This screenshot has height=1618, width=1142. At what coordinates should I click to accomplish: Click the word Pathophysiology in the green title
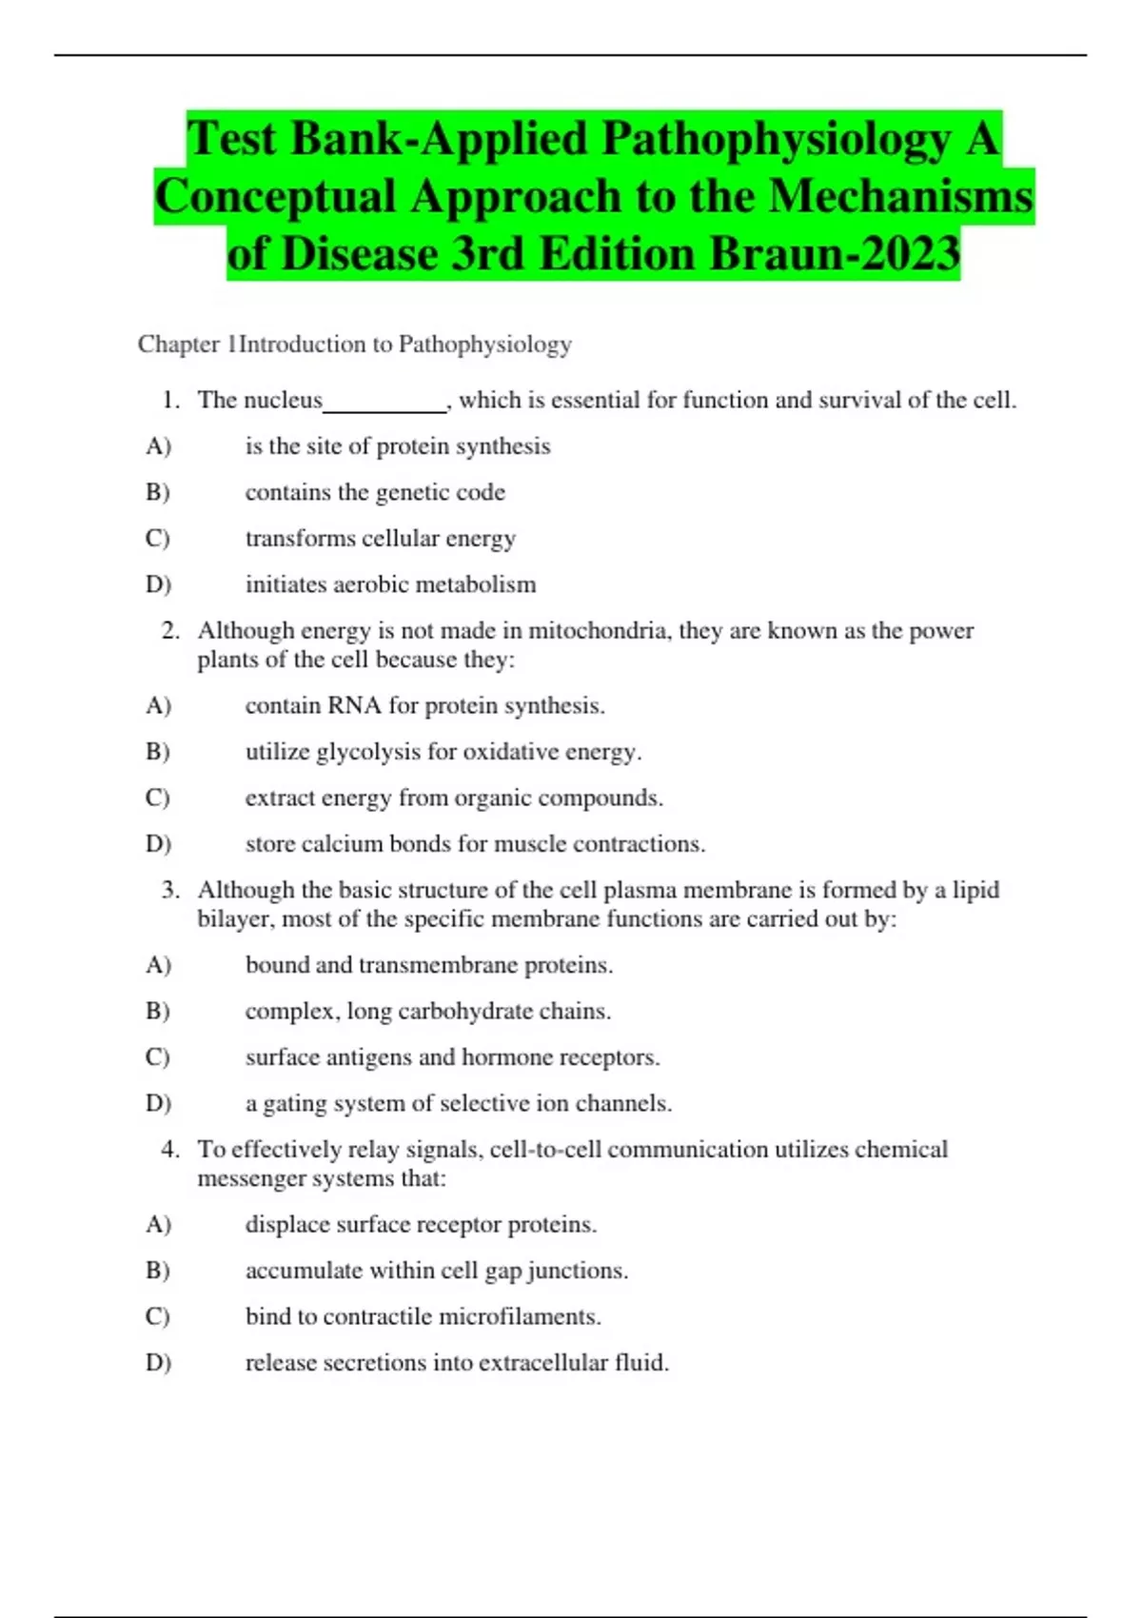point(776,139)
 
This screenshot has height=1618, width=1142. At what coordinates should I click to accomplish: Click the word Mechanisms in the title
point(900,197)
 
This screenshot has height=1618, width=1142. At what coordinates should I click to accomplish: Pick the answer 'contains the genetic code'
point(375,492)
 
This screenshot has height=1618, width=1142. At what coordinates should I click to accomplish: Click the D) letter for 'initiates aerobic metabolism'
point(158,584)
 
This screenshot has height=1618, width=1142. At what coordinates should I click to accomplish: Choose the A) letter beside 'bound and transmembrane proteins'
point(158,965)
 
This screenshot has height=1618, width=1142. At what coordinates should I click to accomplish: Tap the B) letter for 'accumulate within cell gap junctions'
point(158,1271)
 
